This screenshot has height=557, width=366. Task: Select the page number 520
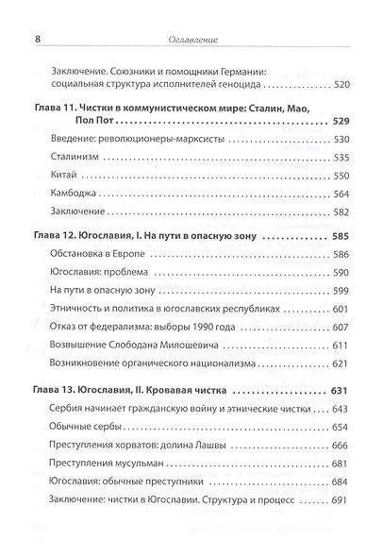tap(334, 83)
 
